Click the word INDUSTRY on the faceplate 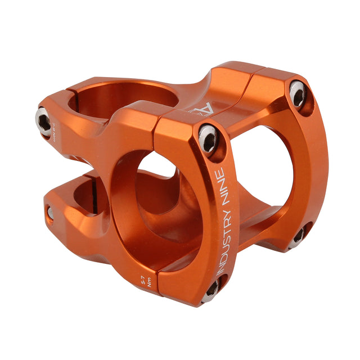pos(220,236)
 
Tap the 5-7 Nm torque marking pos(147,280)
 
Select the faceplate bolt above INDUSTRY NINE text pos(208,137)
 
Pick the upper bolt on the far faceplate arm pos(298,93)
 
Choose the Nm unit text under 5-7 pos(148,284)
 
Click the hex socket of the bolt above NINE pos(208,137)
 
